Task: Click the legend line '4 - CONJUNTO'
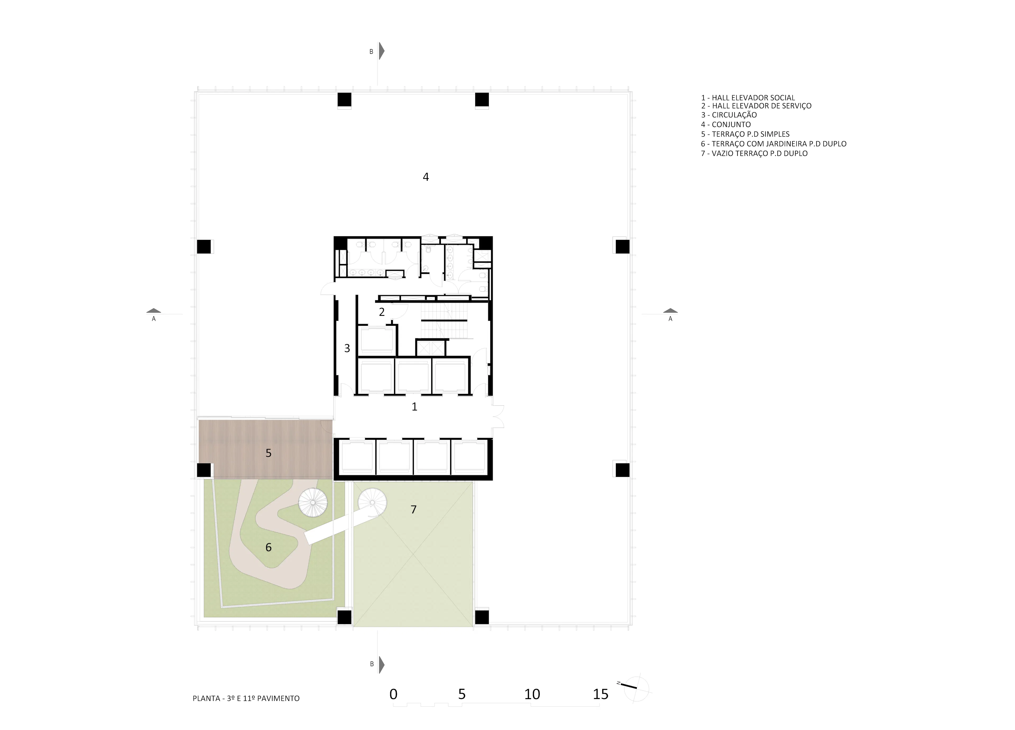point(726,124)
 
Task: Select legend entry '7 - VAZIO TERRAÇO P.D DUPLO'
point(754,154)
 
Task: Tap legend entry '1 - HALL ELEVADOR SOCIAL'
point(748,98)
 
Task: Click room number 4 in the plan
point(426,177)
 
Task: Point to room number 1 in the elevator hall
point(414,407)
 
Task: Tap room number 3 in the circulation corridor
point(347,348)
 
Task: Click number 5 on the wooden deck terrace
point(269,453)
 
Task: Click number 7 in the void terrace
point(413,509)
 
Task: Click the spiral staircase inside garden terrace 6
point(313,502)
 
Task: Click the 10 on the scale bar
point(532,694)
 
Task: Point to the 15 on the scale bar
point(601,694)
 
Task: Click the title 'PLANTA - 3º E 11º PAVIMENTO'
point(246,698)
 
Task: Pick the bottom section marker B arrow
point(381,665)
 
